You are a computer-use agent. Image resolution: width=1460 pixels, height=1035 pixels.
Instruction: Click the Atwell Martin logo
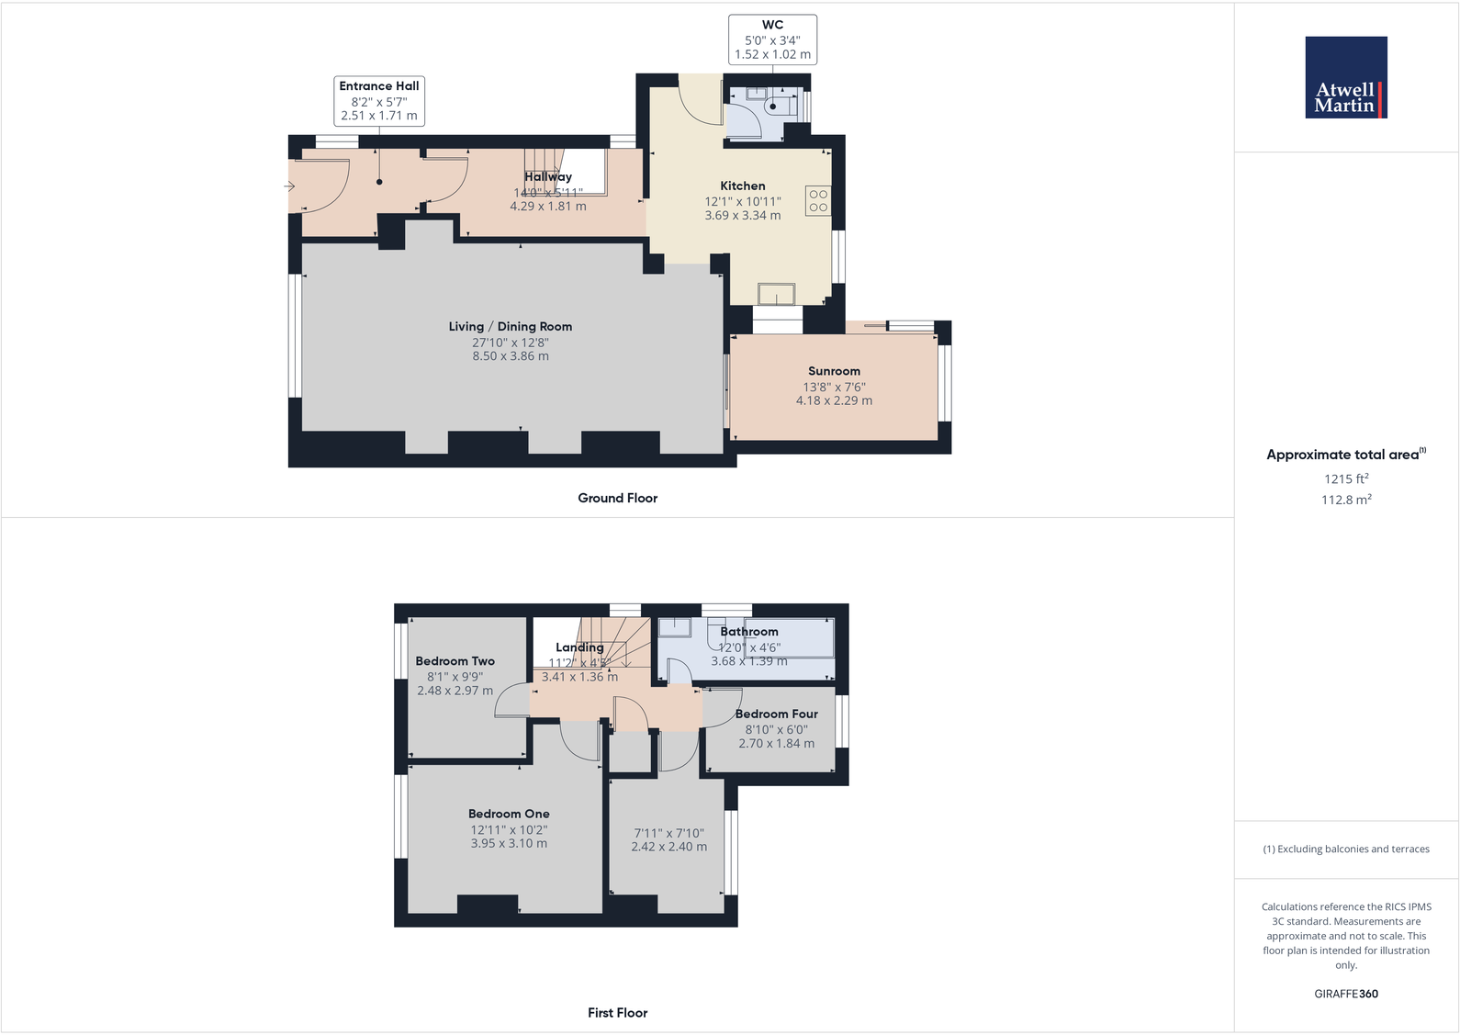click(1345, 77)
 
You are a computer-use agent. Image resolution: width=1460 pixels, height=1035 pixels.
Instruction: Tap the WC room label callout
click(772, 39)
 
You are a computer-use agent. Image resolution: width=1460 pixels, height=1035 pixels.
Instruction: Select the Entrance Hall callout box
click(378, 100)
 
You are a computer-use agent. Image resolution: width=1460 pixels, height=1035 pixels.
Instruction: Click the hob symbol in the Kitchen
click(817, 201)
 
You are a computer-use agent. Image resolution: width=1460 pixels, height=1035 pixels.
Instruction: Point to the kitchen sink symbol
click(776, 294)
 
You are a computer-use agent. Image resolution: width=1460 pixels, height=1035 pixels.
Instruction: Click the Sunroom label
click(834, 371)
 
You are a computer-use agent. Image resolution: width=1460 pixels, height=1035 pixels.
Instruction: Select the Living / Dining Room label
click(510, 327)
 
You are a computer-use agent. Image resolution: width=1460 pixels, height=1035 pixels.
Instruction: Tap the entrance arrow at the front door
click(289, 186)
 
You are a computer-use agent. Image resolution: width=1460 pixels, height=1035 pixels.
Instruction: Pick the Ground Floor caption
click(617, 498)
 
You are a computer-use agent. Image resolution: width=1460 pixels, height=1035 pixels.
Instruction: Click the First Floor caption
click(617, 1013)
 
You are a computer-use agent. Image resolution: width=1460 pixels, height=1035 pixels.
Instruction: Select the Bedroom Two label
click(455, 661)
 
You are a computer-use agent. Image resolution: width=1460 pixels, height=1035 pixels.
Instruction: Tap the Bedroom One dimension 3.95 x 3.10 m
click(509, 843)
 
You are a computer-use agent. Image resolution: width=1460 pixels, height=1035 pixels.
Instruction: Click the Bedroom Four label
click(776, 714)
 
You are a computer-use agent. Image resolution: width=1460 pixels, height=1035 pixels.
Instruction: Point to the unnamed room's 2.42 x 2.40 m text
click(668, 847)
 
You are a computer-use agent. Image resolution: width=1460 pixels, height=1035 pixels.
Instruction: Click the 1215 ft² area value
click(1345, 478)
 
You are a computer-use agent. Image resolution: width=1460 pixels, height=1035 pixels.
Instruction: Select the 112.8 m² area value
click(1345, 500)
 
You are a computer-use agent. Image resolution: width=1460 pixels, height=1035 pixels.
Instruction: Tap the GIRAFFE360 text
click(1345, 994)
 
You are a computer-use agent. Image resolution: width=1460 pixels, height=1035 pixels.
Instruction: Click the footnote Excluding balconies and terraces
click(1345, 849)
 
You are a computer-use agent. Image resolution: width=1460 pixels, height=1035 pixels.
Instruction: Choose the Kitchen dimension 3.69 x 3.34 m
click(742, 216)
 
